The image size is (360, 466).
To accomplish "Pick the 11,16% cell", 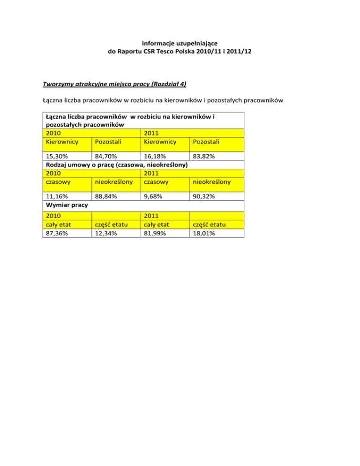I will point(57,197).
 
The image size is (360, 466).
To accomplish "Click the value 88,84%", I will point(106,197).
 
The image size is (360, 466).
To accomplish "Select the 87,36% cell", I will point(57,233).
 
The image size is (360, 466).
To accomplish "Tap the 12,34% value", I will point(106,233).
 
